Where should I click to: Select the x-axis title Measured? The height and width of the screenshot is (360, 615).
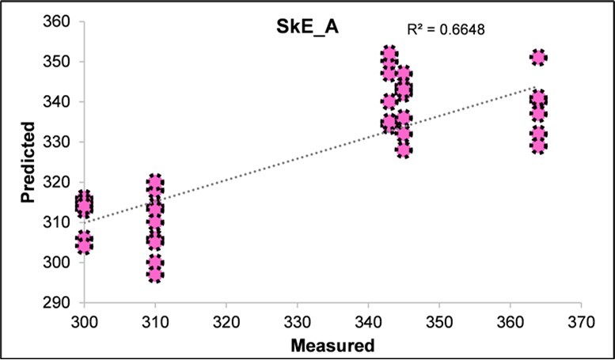332,345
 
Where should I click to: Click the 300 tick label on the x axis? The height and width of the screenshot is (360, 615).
84,322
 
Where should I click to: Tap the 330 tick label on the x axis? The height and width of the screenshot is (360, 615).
297,322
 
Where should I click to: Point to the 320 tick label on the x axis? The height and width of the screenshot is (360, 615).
226,322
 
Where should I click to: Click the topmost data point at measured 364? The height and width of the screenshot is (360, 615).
538,58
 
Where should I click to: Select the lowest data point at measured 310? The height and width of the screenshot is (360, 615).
155,275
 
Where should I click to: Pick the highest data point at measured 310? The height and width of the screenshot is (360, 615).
155,183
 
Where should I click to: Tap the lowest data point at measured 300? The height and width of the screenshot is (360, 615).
84,247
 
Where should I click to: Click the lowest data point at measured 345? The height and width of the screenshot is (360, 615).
404,150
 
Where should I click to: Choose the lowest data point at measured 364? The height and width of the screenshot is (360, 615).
538,146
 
